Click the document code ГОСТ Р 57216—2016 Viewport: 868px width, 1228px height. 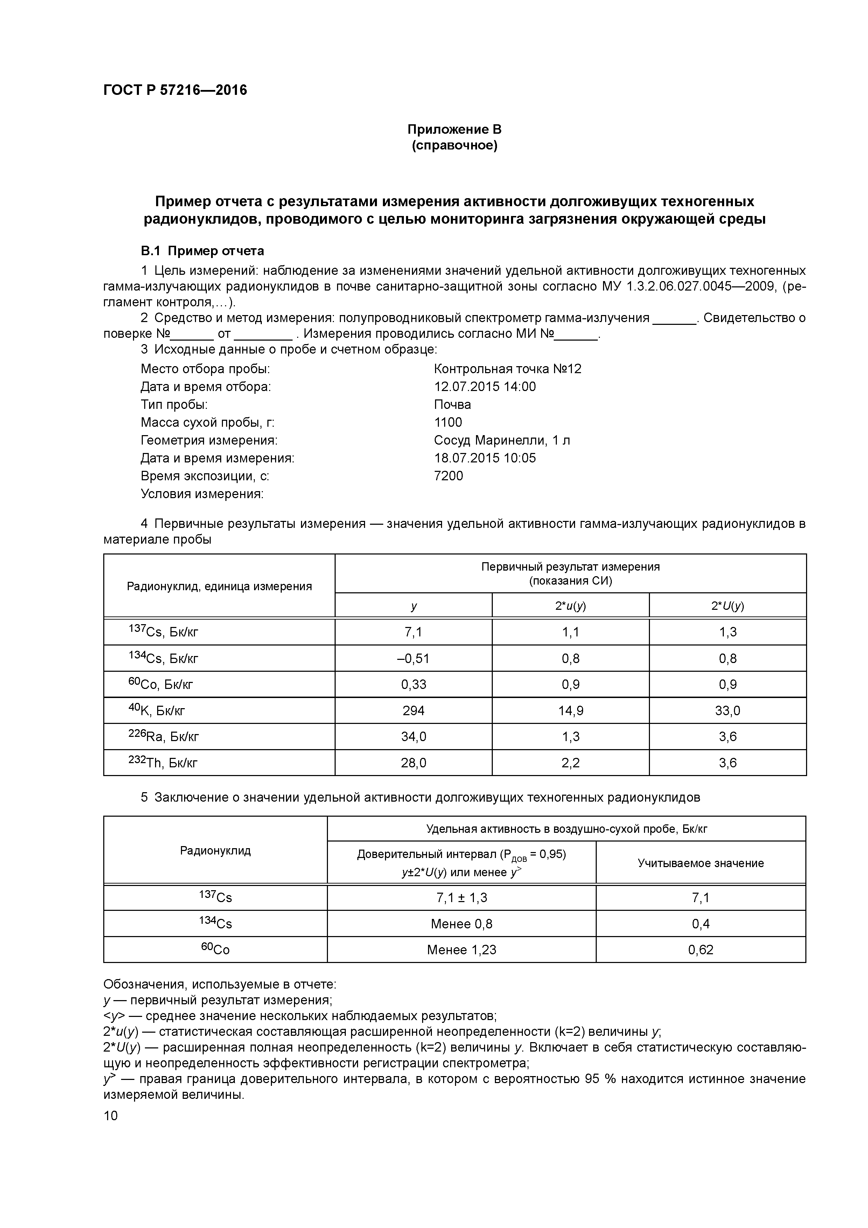click(x=175, y=90)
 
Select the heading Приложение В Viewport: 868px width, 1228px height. click(x=454, y=130)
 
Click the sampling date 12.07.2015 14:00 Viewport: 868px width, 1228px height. click(x=484, y=387)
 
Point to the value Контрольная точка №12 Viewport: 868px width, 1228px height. click(x=507, y=369)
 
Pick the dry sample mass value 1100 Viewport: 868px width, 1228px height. click(x=448, y=423)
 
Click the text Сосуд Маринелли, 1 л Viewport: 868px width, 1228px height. click(x=502, y=440)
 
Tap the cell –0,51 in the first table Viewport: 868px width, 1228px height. click(x=413, y=658)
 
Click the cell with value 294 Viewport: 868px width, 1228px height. click(x=413, y=711)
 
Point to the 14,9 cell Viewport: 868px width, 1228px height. click(x=570, y=711)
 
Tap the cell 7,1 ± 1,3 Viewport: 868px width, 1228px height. click(x=462, y=898)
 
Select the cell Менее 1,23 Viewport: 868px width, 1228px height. click(x=462, y=950)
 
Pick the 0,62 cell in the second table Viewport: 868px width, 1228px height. click(x=701, y=950)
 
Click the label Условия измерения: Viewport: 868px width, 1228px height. click(x=202, y=494)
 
